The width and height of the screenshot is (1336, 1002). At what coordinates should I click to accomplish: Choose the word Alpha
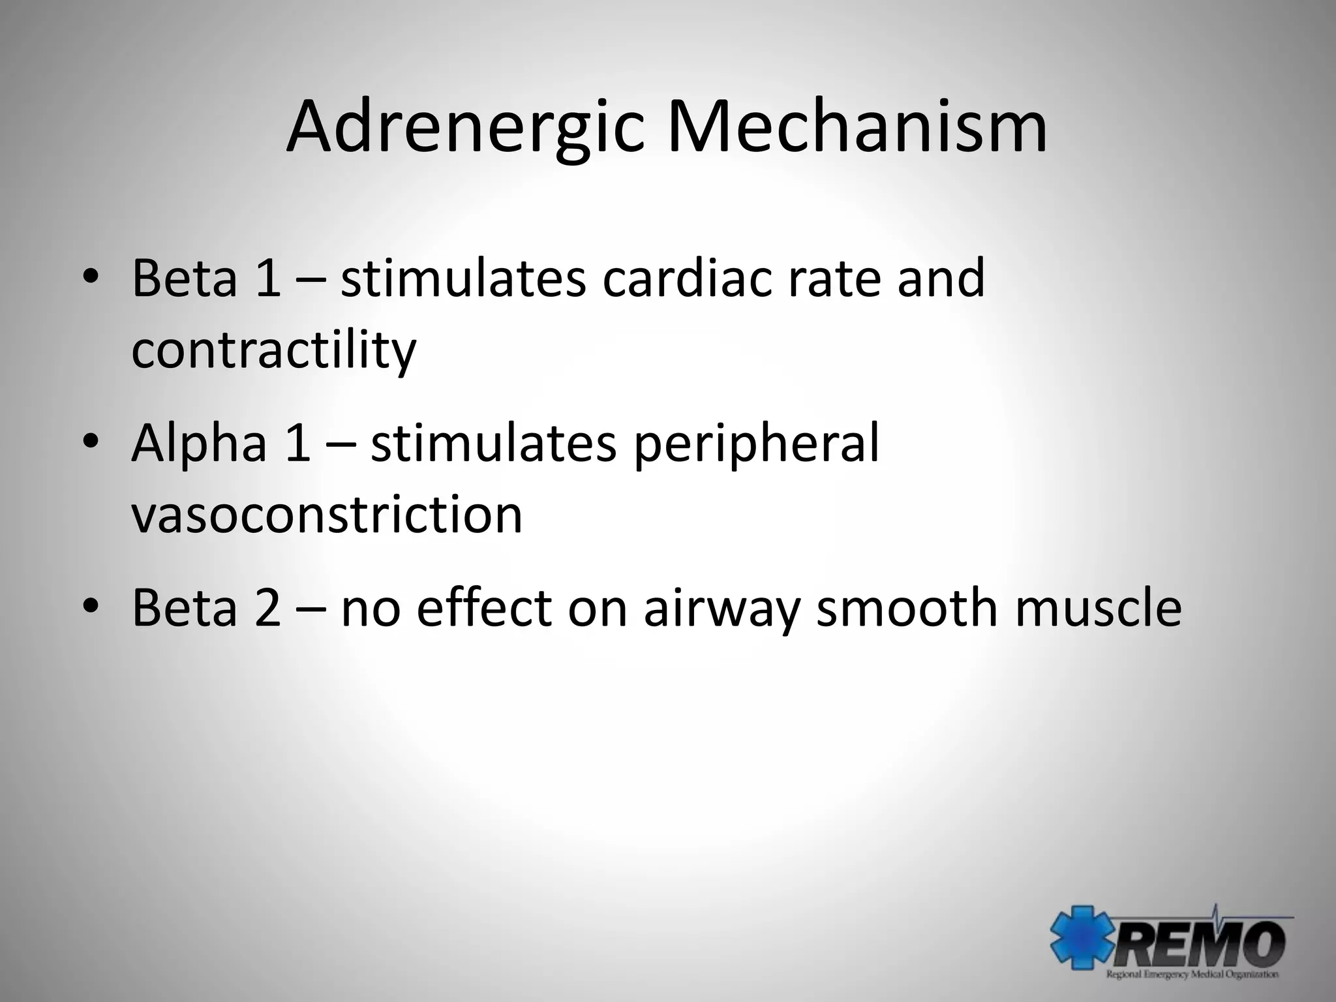pos(199,444)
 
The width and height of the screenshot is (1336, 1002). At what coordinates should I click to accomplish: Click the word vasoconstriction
pos(327,514)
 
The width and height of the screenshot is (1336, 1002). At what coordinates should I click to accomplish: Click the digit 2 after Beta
pos(268,608)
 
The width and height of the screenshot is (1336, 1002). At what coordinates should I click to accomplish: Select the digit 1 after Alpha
pos(297,444)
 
